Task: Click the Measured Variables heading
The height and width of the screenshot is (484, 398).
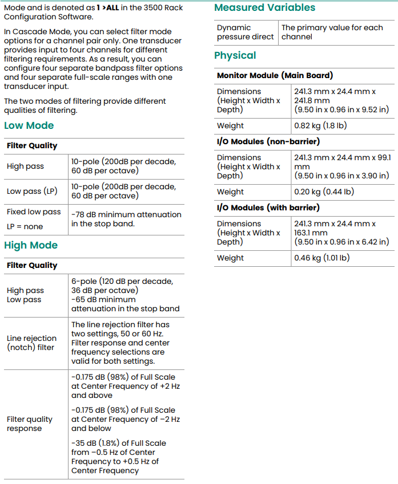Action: [x=264, y=7]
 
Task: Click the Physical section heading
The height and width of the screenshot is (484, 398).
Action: [x=235, y=55]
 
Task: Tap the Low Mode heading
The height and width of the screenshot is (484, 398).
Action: [x=29, y=125]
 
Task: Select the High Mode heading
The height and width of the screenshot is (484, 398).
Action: [x=31, y=245]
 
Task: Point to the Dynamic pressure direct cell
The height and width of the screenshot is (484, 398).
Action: [x=245, y=32]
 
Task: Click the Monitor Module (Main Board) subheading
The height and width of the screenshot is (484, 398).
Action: [x=275, y=75]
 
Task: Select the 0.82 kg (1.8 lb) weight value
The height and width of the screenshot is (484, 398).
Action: [x=320, y=125]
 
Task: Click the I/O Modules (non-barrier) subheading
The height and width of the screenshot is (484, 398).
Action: [x=268, y=141]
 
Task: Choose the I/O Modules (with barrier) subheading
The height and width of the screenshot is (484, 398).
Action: [x=268, y=208]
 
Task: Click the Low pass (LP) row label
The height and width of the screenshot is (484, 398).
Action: [x=32, y=191]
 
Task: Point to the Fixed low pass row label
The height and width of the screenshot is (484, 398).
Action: [x=34, y=212]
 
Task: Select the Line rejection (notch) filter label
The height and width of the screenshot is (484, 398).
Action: [x=31, y=343]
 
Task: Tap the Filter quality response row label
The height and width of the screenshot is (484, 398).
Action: [x=29, y=424]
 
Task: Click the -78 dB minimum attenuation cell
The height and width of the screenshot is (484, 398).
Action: [x=126, y=219]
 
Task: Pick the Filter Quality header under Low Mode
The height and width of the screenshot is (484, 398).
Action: [x=32, y=145]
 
